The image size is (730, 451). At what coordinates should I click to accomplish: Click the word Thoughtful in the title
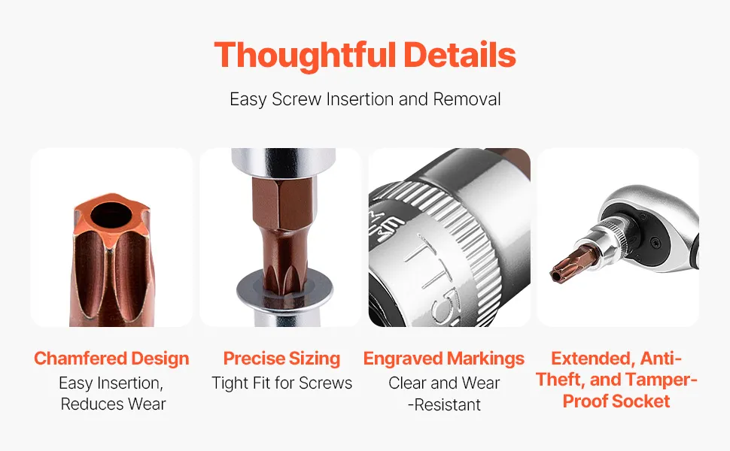(305, 56)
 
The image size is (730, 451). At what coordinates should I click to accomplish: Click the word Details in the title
(460, 55)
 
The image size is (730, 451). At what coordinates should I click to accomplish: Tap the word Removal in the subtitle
(467, 99)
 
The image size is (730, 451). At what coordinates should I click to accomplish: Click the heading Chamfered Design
(111, 359)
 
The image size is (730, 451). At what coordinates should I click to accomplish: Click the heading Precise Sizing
(281, 359)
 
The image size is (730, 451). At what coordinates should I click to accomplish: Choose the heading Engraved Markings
(444, 359)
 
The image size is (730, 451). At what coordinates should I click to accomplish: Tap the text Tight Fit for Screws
(281, 383)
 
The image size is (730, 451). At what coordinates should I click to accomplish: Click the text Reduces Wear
(113, 404)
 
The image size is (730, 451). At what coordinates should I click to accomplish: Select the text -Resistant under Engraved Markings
(444, 405)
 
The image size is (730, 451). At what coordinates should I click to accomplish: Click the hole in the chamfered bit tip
(111, 215)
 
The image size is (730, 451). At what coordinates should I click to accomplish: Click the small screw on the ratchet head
(656, 242)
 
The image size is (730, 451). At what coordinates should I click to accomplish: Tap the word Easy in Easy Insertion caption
(75, 383)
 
